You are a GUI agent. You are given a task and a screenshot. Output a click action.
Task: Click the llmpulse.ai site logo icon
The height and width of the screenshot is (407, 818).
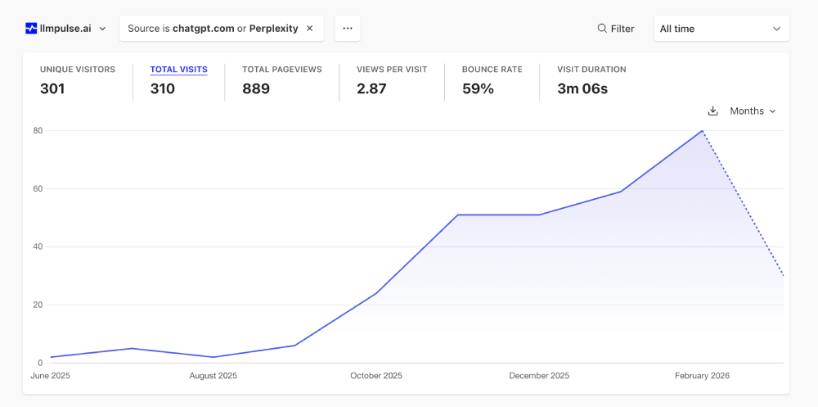tap(31, 29)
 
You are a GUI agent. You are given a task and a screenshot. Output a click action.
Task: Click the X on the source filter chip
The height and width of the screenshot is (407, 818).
tap(310, 29)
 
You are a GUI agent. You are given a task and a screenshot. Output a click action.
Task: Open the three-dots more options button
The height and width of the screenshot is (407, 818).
tap(348, 29)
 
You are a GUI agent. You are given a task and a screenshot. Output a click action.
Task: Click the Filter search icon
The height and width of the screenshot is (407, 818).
tap(602, 29)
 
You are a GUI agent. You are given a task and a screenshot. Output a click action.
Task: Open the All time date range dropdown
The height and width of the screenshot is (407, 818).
tap(721, 29)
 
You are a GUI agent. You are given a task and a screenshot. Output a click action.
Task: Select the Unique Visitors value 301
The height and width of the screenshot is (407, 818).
tap(52, 88)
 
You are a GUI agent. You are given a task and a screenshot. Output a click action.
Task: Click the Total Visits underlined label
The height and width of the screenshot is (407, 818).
tap(178, 70)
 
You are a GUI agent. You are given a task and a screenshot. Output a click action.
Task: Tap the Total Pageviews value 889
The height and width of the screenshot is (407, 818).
tap(256, 88)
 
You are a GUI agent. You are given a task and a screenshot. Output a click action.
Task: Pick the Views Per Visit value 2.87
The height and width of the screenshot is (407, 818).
tap(371, 88)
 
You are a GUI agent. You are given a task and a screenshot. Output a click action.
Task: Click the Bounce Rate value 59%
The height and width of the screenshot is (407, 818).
tap(478, 88)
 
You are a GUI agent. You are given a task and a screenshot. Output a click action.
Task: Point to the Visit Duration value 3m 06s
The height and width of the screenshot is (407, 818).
tap(582, 88)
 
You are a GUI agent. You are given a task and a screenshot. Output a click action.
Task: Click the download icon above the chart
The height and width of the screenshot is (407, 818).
tap(712, 111)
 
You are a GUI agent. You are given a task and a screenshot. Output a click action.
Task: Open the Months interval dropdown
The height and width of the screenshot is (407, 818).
tap(753, 111)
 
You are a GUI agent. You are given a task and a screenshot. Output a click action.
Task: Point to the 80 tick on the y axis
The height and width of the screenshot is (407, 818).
tap(38, 130)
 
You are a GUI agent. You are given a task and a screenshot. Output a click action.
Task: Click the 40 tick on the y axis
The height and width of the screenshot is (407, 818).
tap(38, 246)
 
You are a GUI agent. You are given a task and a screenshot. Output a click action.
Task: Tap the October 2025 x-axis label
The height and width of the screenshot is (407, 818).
tap(376, 376)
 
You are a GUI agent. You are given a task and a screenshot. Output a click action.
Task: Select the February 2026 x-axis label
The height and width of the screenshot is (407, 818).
tap(702, 376)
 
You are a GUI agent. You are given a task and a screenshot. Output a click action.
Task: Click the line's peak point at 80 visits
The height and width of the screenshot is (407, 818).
tap(702, 131)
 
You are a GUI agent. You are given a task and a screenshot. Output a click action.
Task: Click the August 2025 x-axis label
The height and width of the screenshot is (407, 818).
tap(213, 376)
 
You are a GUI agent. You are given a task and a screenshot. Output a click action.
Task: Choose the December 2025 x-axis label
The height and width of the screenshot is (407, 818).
tap(539, 376)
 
